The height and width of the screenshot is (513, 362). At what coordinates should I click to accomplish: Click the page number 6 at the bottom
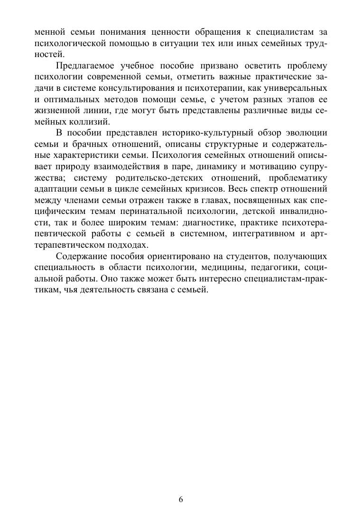click(181, 499)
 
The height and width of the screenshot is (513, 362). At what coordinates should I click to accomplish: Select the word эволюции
click(307, 134)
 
